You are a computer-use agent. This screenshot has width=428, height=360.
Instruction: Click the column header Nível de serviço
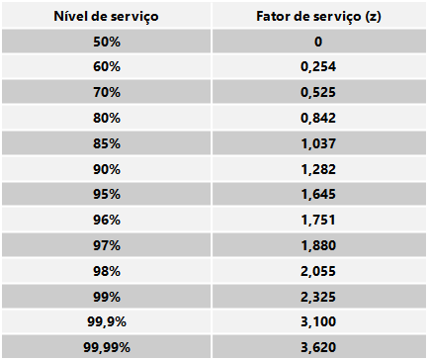click(x=106, y=16)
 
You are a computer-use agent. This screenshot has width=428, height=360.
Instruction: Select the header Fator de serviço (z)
click(x=318, y=16)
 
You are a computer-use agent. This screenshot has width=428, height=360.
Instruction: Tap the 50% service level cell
click(x=107, y=42)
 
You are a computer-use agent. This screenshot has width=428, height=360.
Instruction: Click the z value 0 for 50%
click(x=318, y=42)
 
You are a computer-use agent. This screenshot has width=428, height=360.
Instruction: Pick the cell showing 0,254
click(x=318, y=67)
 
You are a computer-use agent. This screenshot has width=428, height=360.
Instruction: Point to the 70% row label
click(x=107, y=92)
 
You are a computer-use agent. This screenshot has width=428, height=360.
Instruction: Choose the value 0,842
click(x=318, y=118)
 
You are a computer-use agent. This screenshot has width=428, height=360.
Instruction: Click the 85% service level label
click(x=107, y=143)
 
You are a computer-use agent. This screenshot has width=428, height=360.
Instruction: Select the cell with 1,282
click(x=318, y=169)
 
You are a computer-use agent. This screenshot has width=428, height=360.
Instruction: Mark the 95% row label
click(x=107, y=194)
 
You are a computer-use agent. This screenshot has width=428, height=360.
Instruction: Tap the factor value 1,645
click(x=318, y=195)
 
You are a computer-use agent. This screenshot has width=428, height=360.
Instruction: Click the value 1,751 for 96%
click(x=318, y=220)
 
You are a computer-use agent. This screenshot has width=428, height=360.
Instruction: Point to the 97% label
click(x=107, y=245)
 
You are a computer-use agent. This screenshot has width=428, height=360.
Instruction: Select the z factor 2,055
click(x=318, y=272)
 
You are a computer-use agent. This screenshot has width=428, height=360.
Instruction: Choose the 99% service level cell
click(x=107, y=297)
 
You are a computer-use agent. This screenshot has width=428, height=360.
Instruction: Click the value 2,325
click(x=318, y=298)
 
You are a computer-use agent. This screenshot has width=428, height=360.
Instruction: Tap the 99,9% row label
click(x=107, y=321)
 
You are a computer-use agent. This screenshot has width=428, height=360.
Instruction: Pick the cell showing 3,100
click(x=318, y=321)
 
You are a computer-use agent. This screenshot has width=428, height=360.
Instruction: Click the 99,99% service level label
click(x=107, y=347)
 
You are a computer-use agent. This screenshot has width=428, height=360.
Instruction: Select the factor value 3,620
click(x=318, y=347)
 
